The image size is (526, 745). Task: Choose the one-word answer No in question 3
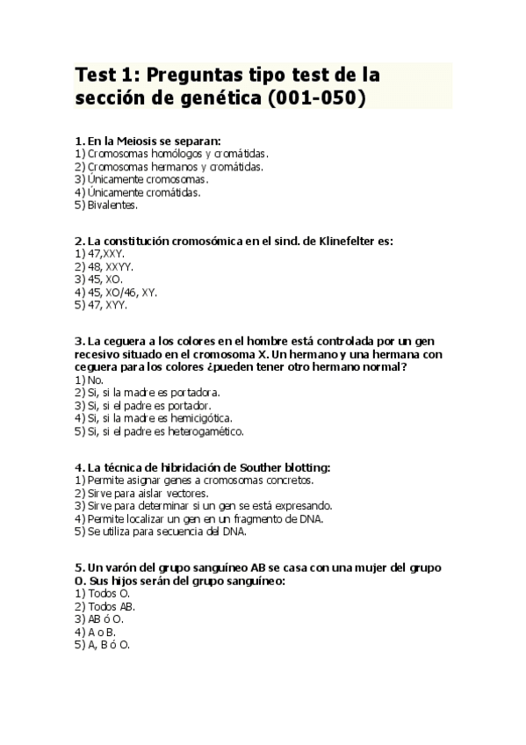tap(96, 380)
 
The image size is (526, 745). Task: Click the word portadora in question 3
tap(195, 393)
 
